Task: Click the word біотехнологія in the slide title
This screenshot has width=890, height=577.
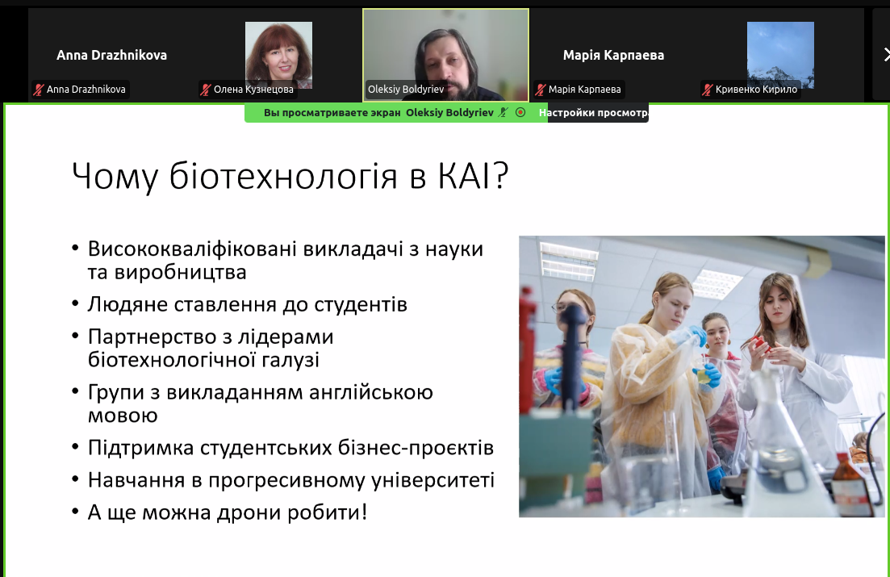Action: tap(283, 175)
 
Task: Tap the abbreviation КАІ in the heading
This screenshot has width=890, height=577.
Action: tap(464, 175)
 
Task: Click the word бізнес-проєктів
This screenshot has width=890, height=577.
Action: tap(416, 448)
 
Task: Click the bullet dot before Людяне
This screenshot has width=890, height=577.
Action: tap(76, 305)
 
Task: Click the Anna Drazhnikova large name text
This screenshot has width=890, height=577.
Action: tap(112, 55)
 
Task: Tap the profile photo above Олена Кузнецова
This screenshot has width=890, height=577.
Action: tap(278, 55)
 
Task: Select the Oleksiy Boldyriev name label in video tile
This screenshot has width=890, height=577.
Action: tap(406, 89)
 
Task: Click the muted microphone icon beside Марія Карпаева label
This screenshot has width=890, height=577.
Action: tap(541, 89)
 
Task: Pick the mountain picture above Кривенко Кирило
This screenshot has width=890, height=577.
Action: tap(780, 55)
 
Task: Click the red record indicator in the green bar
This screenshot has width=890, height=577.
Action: tap(520, 112)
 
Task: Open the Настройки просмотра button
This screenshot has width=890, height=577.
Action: tap(592, 112)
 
